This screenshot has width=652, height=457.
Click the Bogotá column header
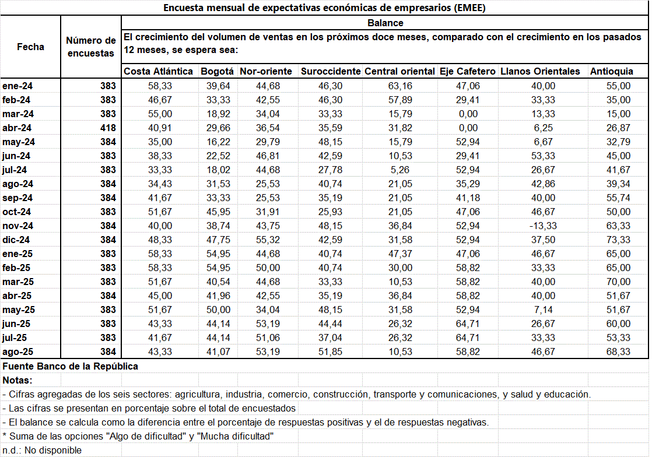tap(217, 71)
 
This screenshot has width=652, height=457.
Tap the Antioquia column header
tap(611, 71)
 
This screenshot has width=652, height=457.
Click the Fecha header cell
tap(30, 47)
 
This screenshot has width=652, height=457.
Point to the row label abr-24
tap(17, 128)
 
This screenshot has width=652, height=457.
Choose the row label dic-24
tap(17, 240)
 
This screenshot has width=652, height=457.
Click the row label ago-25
tap(19, 351)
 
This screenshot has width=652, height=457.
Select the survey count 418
tap(108, 128)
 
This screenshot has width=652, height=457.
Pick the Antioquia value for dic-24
tap(618, 240)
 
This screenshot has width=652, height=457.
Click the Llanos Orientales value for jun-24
tap(544, 156)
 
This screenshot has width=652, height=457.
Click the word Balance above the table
tap(385, 23)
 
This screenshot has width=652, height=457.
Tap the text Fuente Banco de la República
tap(71, 366)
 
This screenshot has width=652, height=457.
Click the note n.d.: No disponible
tap(42, 450)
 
